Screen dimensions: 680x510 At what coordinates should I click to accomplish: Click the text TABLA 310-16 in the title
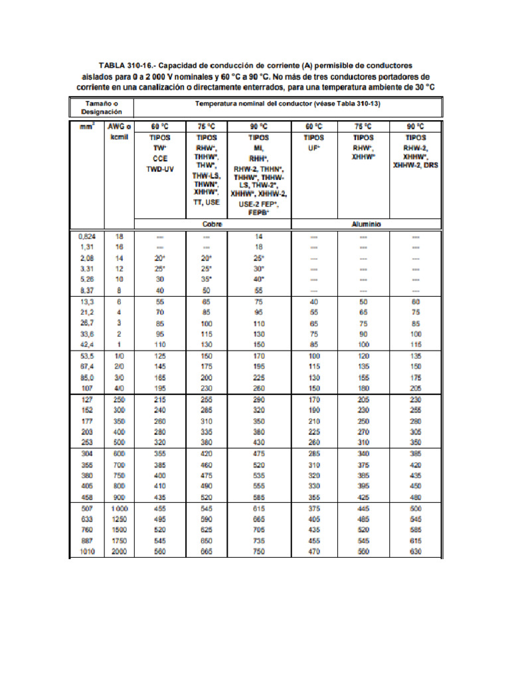tap(126, 66)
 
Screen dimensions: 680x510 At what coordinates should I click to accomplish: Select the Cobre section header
tap(212, 224)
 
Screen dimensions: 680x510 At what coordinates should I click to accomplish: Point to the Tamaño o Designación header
tap(102, 108)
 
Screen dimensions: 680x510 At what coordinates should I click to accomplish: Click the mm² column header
tap(87, 126)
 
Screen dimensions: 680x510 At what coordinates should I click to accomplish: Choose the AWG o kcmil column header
tap(119, 131)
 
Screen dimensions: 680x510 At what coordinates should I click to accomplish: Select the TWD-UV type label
tap(159, 169)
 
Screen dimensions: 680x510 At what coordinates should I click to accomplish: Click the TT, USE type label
tap(207, 201)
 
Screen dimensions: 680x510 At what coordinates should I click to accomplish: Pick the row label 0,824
tap(87, 236)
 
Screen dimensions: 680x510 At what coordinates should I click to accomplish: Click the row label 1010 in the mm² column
tap(87, 552)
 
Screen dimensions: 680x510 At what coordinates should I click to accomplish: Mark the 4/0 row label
tap(119, 388)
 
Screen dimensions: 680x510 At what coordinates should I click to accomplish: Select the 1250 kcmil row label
tap(119, 519)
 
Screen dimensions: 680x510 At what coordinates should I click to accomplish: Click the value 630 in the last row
tap(416, 552)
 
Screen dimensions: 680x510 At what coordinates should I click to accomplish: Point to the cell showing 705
tap(258, 530)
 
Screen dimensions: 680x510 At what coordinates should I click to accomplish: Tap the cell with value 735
tap(258, 541)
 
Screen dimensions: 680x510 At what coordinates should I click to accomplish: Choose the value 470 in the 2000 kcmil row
tap(314, 552)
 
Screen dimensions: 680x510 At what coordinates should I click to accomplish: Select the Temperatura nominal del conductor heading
tap(288, 104)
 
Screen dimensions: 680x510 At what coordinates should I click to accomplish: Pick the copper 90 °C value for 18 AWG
tap(258, 236)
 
